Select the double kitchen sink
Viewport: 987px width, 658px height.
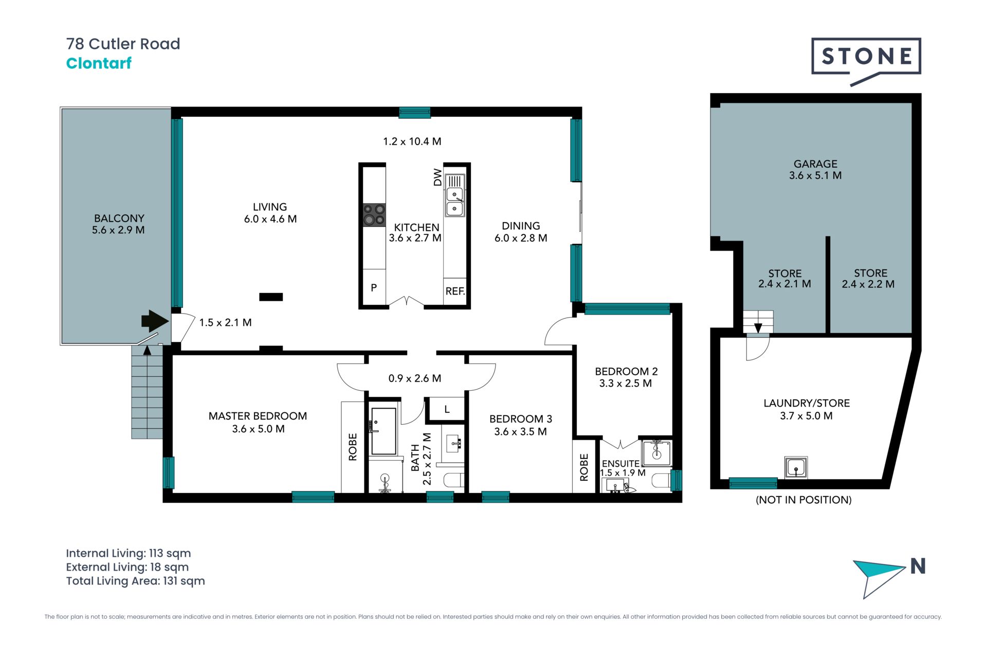pos(455,202)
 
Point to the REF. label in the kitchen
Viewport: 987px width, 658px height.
pos(455,291)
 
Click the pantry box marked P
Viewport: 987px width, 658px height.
pos(374,287)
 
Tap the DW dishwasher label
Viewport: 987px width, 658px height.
pos(437,177)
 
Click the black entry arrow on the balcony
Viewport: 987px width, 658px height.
pos(155,321)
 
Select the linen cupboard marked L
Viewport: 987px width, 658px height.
pos(447,409)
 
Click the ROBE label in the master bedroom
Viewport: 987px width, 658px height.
pos(353,447)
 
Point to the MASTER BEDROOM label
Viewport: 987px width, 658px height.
pos(258,416)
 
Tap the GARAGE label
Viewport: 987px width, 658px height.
pos(815,164)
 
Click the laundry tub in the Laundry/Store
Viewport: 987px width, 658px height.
pos(796,467)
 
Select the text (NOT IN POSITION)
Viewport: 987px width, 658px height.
pos(803,500)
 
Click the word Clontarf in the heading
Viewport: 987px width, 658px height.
pos(99,63)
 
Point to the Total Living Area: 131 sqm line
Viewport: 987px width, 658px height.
pos(135,581)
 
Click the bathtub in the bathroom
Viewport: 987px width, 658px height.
pos(383,431)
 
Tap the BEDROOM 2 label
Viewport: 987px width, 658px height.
pos(626,371)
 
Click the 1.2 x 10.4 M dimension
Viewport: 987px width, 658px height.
pos(412,141)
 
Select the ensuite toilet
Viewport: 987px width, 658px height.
pos(662,481)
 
